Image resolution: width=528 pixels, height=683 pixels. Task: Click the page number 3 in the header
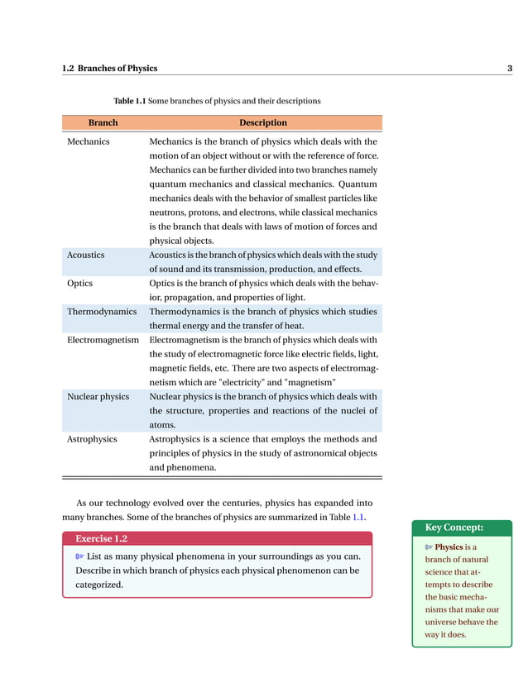pyautogui.click(x=509, y=68)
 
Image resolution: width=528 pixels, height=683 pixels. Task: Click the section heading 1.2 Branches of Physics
pyautogui.click(x=109, y=68)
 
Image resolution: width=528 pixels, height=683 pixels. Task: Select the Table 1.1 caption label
pyautogui.click(x=129, y=101)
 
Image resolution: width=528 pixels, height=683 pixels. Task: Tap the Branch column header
pyautogui.click(x=103, y=122)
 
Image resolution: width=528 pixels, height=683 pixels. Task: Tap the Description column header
pyautogui.click(x=263, y=122)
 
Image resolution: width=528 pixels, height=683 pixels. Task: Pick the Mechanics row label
pyautogui.click(x=88, y=141)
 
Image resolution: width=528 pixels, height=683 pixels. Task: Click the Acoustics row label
pyautogui.click(x=85, y=255)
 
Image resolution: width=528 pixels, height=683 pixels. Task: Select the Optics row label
pyautogui.click(x=80, y=283)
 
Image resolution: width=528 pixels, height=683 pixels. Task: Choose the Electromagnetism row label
pyautogui.click(x=103, y=339)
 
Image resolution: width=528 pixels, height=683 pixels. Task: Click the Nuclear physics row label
pyautogui.click(x=98, y=396)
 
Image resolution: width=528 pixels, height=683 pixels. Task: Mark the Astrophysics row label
pyautogui.click(x=92, y=439)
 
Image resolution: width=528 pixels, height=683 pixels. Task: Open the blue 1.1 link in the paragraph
pyautogui.click(x=358, y=517)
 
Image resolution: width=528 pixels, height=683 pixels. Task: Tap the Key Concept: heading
pyautogui.click(x=454, y=528)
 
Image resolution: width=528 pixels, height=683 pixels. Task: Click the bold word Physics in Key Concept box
pyautogui.click(x=449, y=547)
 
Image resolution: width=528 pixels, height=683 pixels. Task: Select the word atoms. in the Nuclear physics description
pyautogui.click(x=162, y=425)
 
